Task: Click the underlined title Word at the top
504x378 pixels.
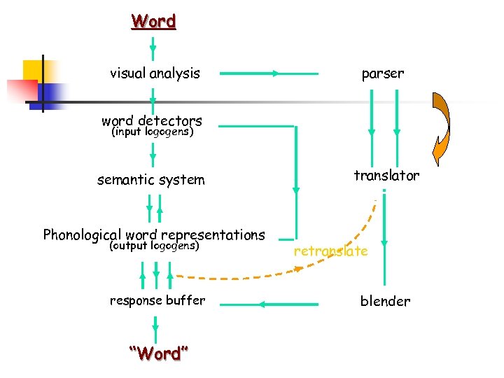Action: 153,22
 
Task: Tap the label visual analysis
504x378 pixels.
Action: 155,73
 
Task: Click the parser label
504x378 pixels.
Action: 382,73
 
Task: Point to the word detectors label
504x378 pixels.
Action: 151,120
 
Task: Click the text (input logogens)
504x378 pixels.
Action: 153,132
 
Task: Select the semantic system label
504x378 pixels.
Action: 151,180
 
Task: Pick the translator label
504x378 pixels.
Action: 386,176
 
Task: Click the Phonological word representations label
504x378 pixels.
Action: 154,234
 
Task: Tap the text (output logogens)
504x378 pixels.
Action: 155,246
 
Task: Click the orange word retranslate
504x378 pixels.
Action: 330,251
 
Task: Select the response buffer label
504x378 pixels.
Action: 157,300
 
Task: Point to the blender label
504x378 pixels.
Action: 385,301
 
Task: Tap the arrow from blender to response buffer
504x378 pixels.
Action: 288,304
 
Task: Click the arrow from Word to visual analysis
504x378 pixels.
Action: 153,46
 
